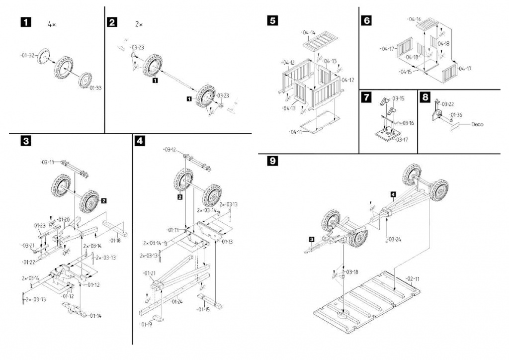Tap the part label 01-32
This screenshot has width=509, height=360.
[28, 56]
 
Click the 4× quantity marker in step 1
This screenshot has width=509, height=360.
[52, 24]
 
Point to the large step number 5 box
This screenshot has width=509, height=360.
[272, 20]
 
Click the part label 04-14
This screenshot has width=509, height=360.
[308, 32]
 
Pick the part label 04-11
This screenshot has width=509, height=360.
[295, 132]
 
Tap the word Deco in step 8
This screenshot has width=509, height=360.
[477, 125]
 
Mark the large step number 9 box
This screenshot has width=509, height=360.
[272, 161]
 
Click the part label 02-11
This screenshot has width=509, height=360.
[413, 278]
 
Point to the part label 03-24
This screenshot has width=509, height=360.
[395, 239]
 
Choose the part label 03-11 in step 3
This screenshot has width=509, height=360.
[48, 162]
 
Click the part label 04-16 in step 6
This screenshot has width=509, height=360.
[414, 19]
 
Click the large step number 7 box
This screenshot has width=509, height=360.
[366, 97]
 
